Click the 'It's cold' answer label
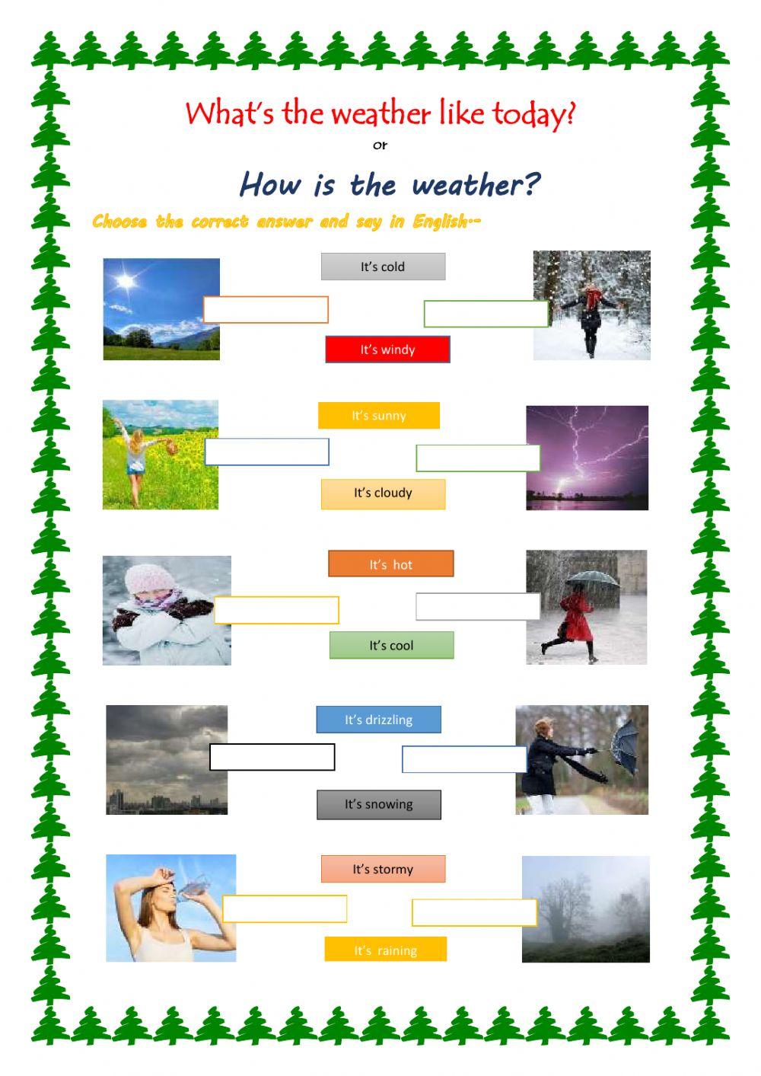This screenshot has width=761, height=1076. [x=383, y=267]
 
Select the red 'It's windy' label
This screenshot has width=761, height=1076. [x=387, y=350]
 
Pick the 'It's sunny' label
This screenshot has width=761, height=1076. [x=379, y=416]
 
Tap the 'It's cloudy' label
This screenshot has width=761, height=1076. [x=383, y=493]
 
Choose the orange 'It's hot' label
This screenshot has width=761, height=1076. [x=391, y=564]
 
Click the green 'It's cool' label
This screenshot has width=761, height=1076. [x=391, y=646]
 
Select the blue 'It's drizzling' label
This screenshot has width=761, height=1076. [x=378, y=720]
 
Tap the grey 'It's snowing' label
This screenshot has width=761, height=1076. [x=378, y=804]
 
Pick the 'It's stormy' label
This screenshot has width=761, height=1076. [x=383, y=869]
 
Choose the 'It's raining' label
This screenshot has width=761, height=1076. [x=385, y=950]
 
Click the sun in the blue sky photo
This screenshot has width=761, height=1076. [x=126, y=282]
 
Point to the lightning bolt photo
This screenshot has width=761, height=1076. [x=587, y=457]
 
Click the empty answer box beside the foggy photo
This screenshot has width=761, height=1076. [x=474, y=913]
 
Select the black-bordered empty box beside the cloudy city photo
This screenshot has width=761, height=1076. [x=272, y=757]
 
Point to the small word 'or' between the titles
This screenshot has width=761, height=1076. [x=380, y=145]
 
